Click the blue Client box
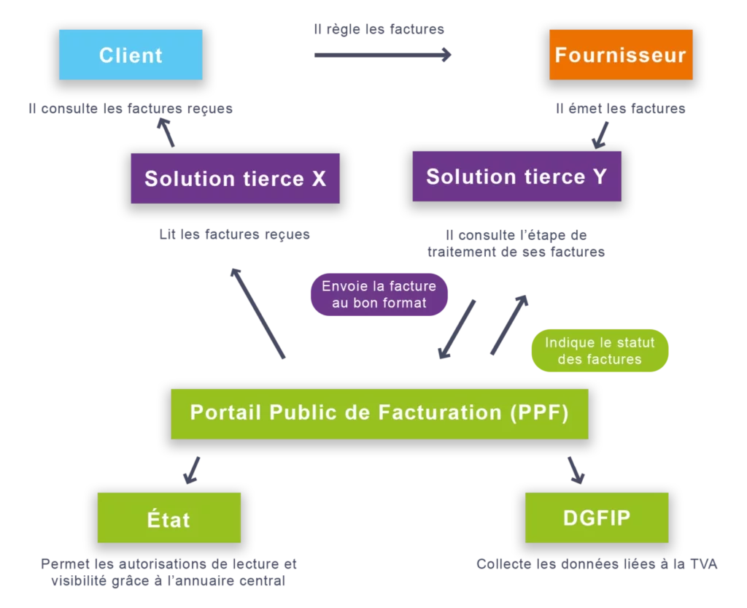click(131, 55)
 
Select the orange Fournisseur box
click(620, 55)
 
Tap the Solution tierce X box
click(235, 179)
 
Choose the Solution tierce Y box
click(516, 177)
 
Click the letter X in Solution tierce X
click(319, 179)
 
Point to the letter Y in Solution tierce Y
click(599, 177)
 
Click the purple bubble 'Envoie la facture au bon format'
click(379, 295)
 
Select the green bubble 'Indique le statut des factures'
click(600, 351)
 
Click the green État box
click(169, 519)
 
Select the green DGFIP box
click(596, 517)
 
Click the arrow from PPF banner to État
click(193, 470)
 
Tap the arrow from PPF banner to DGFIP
click(576, 469)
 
